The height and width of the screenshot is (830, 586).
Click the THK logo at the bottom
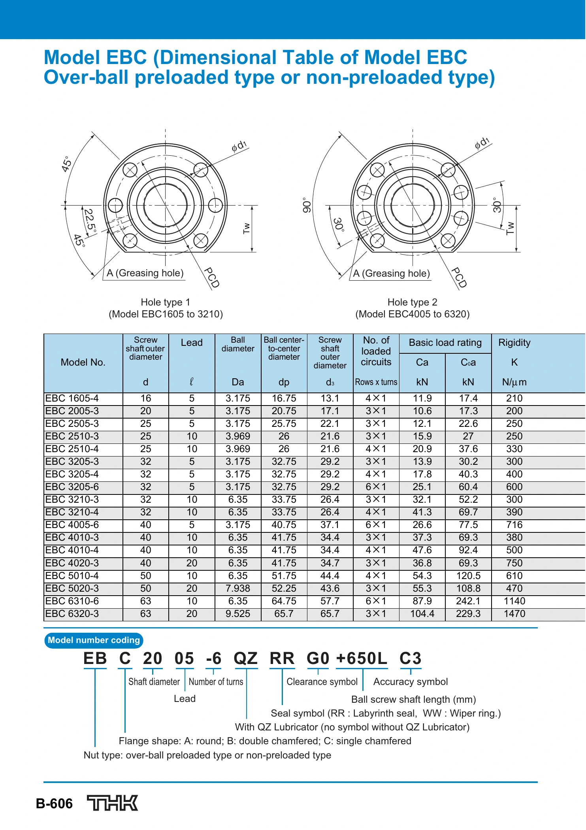coord(113,803)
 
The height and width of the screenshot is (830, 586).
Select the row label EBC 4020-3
coord(72,563)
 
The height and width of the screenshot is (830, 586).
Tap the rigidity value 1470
coord(514,613)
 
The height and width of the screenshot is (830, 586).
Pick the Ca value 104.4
coord(422,613)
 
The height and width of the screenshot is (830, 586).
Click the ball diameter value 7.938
coord(238,588)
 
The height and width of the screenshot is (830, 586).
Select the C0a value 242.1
coord(468,601)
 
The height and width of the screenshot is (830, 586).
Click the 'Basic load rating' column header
coord(445,343)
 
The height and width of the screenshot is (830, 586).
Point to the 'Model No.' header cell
coord(83,362)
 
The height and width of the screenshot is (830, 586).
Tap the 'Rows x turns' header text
coord(376,382)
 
